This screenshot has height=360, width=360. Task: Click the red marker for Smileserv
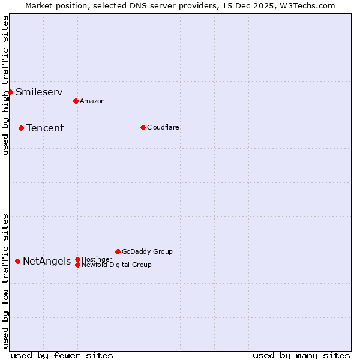coord(11,92)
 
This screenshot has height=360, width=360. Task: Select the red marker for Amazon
coord(76,101)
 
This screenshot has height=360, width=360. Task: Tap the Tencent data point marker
coord(21,128)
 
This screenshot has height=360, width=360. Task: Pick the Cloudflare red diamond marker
coord(143,127)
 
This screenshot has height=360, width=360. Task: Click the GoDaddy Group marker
coord(118,251)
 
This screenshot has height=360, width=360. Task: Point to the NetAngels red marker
coord(18,261)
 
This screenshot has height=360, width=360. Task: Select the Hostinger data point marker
coord(77,259)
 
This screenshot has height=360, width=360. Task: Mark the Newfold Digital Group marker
coord(77,265)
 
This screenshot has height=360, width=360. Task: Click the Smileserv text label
coord(39,92)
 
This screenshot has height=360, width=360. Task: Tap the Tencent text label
coord(45,128)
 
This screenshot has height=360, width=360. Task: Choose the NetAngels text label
coord(47,261)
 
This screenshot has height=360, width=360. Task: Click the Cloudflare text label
coord(163,127)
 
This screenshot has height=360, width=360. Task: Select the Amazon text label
coord(92,101)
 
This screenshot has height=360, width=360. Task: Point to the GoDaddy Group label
coord(147,251)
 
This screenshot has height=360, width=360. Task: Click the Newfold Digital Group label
coord(116,265)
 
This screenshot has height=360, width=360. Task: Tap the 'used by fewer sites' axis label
coord(62,355)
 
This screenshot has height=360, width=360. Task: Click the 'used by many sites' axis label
coord(301,355)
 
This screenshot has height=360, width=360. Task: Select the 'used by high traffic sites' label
coord(5,85)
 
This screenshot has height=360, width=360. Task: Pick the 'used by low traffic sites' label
coord(5,281)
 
